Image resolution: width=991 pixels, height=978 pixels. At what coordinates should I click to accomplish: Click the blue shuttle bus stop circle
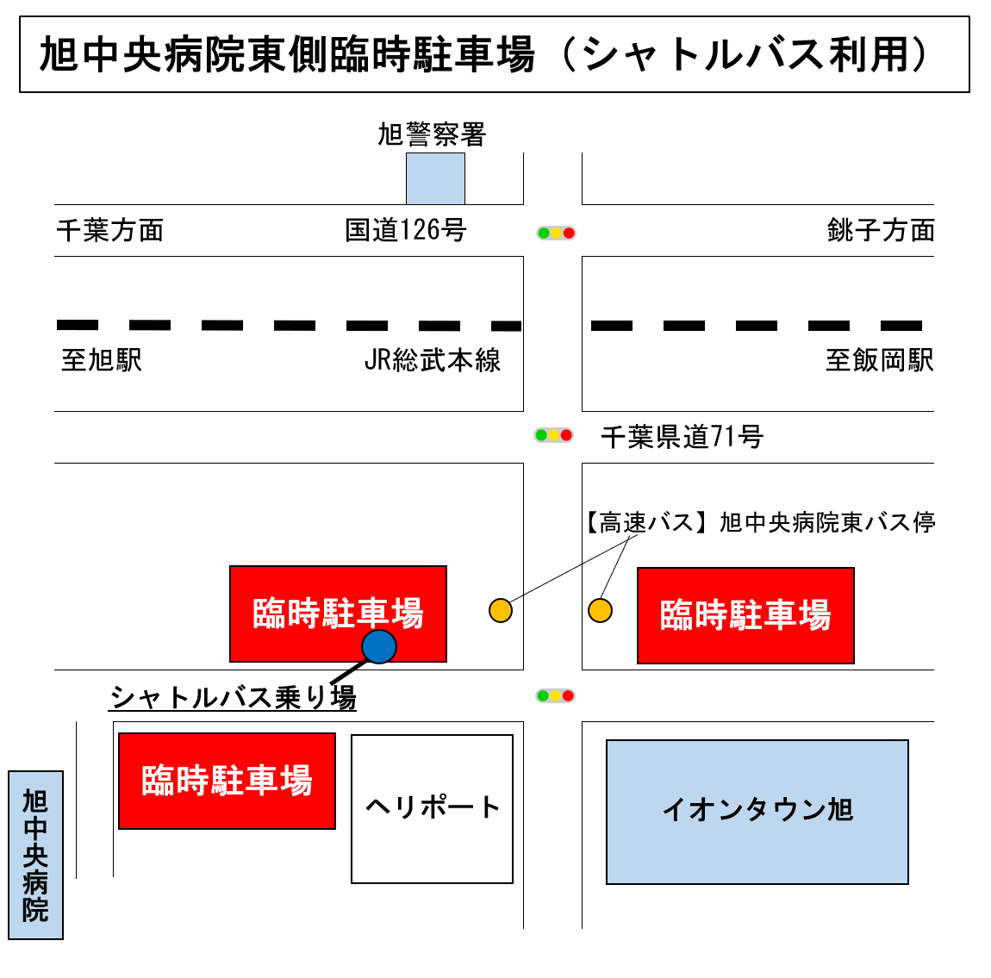click(x=379, y=646)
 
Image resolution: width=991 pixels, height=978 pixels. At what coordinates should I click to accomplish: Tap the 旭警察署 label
click(x=432, y=134)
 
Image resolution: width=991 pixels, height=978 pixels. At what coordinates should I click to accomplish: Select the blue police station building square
click(x=435, y=178)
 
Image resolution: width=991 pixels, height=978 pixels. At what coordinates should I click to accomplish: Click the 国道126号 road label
click(x=405, y=230)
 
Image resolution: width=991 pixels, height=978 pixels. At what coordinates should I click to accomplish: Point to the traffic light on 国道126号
click(x=556, y=234)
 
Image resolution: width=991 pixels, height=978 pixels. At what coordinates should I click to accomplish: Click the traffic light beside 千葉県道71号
click(x=553, y=435)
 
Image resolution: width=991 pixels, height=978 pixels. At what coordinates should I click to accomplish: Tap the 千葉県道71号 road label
click(x=682, y=437)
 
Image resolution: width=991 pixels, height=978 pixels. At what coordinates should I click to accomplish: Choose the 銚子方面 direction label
click(x=881, y=230)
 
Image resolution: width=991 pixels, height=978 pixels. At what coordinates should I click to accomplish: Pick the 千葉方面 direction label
click(x=110, y=230)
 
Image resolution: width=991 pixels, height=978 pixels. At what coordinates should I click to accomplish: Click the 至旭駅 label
click(x=102, y=360)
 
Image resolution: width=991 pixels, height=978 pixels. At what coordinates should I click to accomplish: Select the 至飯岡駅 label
click(x=880, y=360)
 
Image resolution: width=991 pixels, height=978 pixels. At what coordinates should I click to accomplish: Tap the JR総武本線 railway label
click(x=433, y=360)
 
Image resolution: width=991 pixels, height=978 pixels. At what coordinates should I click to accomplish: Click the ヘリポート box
click(x=433, y=809)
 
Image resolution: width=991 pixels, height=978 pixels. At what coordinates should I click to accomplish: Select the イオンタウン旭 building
click(x=757, y=812)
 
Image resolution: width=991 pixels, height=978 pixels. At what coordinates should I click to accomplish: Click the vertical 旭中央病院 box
click(x=35, y=855)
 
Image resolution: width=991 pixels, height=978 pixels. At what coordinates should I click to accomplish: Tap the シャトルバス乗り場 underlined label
click(x=233, y=697)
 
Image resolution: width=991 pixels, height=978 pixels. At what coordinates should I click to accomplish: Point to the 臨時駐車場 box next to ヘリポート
click(x=227, y=781)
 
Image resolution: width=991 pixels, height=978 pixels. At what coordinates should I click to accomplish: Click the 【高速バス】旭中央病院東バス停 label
click(x=758, y=522)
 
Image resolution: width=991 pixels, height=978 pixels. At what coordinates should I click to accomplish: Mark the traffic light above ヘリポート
click(x=555, y=695)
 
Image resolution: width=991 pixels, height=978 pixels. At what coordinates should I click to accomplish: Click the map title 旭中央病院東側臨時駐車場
click(x=288, y=54)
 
